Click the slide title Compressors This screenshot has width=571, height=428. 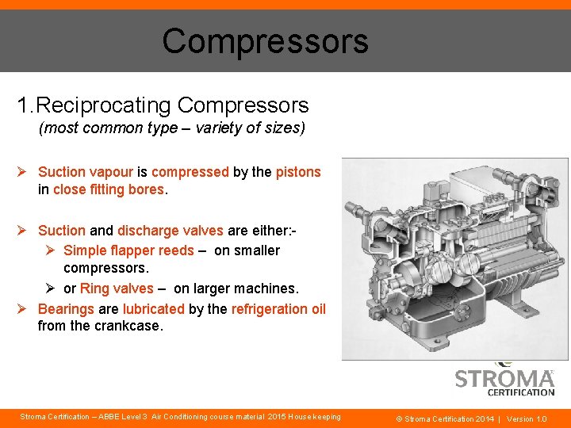click(265, 41)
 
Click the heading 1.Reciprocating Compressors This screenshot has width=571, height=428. click(163, 105)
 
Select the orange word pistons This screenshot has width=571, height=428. click(298, 172)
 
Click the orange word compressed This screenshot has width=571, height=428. click(190, 172)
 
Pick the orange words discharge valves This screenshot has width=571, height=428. click(170, 231)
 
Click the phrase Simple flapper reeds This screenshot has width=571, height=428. click(128, 250)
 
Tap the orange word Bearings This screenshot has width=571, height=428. click(66, 308)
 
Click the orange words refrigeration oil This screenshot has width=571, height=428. click(278, 308)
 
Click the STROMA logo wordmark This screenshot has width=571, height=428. click(504, 378)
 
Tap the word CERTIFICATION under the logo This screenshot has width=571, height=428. click(520, 392)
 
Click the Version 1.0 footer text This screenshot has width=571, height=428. click(527, 418)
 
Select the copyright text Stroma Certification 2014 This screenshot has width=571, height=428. click(445, 418)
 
